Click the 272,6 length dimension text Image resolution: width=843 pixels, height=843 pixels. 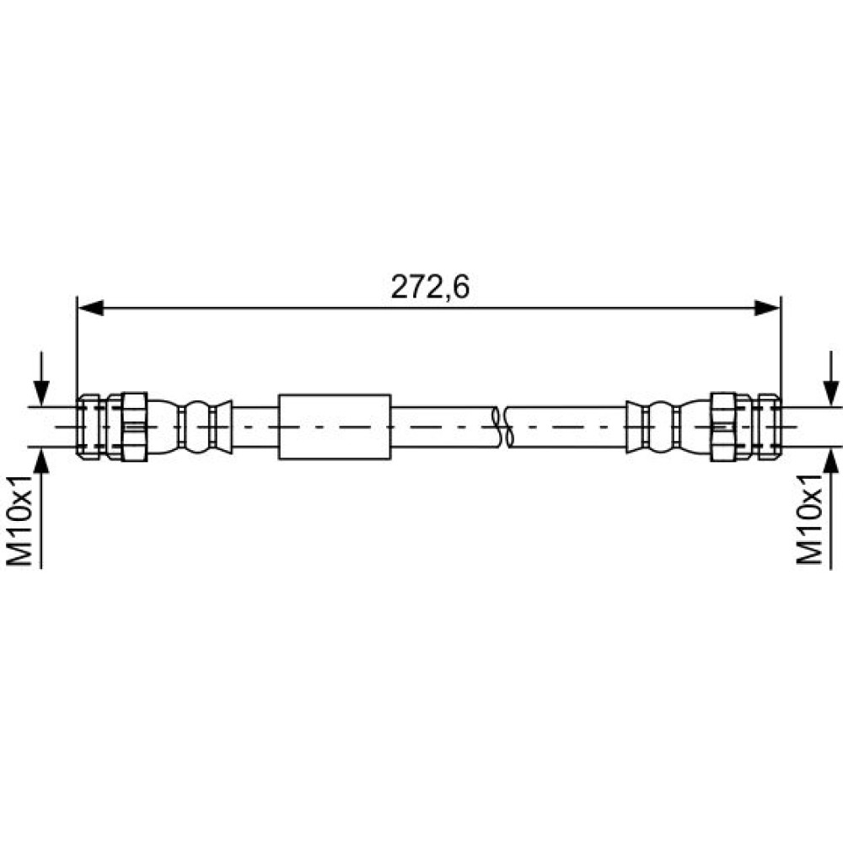(x=430, y=287)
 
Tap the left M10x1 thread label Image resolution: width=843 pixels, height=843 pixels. (x=20, y=520)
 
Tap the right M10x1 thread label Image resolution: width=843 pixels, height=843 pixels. (x=809, y=519)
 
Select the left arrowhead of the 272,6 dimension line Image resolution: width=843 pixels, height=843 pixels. (x=90, y=308)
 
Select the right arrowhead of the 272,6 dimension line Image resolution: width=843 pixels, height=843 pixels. (x=767, y=308)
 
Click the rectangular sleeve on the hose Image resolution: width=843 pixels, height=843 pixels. (x=335, y=427)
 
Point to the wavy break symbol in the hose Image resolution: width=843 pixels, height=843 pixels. (x=502, y=427)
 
